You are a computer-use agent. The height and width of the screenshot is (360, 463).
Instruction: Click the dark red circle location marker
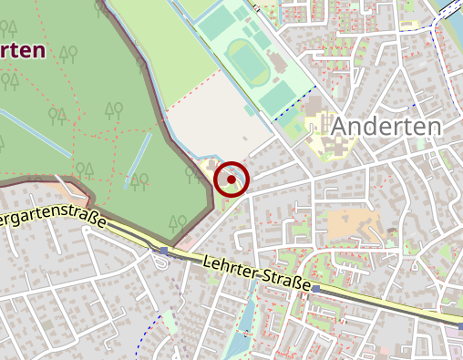(x=232, y=179)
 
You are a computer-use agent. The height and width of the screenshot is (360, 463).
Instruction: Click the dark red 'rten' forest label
(x=25, y=50)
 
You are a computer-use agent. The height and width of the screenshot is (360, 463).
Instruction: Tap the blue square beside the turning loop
(x=163, y=250)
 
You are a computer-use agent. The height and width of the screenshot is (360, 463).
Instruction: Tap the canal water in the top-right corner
(x=452, y=11)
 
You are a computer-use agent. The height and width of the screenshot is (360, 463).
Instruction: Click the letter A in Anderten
(x=342, y=127)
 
